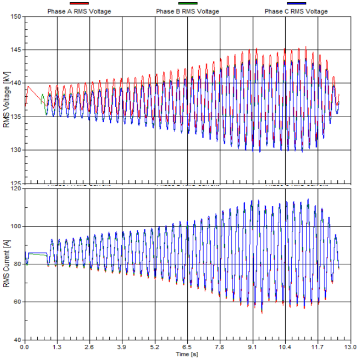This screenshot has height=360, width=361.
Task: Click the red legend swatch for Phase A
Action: (x=79, y=4)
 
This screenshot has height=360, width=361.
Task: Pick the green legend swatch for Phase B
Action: (x=187, y=4)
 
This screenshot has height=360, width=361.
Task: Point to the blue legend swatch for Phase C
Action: (x=296, y=4)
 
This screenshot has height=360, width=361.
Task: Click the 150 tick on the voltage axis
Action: (x=16, y=17)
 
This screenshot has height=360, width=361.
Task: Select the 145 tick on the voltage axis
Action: (x=16, y=50)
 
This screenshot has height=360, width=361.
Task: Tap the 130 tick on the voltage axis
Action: (x=16, y=150)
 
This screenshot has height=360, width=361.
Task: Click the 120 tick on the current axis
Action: (x=16, y=188)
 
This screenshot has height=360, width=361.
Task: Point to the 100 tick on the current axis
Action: (x=16, y=226)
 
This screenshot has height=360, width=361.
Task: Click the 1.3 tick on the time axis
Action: (x=57, y=347)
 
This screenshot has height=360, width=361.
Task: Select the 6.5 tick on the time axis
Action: (x=187, y=347)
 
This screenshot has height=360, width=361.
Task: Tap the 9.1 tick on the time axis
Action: (x=253, y=347)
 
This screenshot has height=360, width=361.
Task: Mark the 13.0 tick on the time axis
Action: (x=350, y=347)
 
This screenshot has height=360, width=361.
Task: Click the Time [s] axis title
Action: (x=187, y=354)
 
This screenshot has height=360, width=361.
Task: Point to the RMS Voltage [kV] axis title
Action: (x=6, y=100)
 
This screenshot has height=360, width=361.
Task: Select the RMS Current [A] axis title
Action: (x=6, y=265)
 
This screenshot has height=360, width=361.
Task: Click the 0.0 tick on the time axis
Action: (x=24, y=347)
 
